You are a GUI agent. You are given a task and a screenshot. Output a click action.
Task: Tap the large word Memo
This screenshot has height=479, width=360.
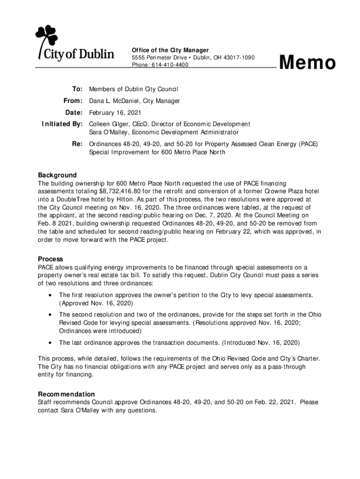click(308, 63)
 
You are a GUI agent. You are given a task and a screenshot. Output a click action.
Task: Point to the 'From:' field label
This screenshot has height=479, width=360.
click(73, 101)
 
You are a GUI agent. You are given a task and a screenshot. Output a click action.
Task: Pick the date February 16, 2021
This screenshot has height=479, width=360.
click(115, 113)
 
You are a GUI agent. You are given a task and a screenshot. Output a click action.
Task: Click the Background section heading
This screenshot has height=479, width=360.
click(57, 175)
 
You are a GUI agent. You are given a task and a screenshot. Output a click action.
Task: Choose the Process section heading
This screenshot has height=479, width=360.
click(50, 259)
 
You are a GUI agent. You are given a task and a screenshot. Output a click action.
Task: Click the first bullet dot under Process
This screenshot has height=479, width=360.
click(50, 295)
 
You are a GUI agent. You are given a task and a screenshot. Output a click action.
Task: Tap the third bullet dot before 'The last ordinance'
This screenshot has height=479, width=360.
click(50, 343)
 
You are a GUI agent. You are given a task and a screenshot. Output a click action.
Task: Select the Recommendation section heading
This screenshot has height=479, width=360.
click(66, 394)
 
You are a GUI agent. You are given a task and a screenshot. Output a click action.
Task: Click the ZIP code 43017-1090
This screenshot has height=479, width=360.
click(235, 58)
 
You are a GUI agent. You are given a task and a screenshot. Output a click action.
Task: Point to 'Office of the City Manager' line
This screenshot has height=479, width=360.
click(170, 50)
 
